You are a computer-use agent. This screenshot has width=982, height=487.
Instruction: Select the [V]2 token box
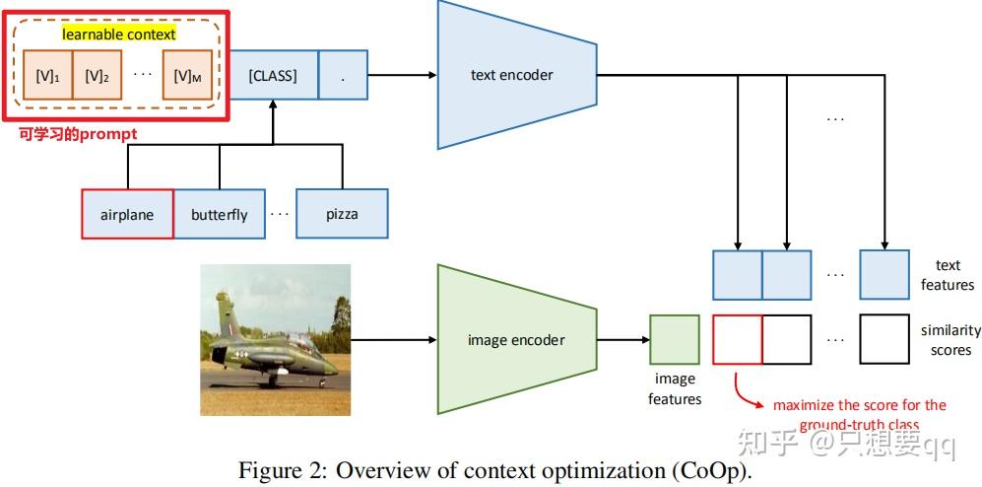(x=96, y=76)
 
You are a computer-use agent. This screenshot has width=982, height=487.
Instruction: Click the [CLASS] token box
(x=273, y=76)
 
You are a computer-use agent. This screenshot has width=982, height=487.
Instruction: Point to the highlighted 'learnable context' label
(x=118, y=34)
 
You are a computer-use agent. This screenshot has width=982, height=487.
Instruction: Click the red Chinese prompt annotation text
(x=78, y=133)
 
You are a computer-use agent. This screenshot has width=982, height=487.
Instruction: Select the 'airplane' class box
(x=127, y=214)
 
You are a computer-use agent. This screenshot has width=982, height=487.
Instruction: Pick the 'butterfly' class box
(x=220, y=214)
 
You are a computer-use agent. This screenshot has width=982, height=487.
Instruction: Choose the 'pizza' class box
(x=342, y=214)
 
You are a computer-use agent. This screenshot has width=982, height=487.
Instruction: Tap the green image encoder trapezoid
(x=517, y=340)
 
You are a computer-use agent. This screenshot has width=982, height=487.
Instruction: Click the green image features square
(x=675, y=340)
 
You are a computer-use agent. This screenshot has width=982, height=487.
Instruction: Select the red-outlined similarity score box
(x=738, y=340)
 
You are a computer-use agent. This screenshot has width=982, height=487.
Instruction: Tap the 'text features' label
(x=947, y=275)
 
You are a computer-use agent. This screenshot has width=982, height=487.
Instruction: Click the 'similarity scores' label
(x=945, y=340)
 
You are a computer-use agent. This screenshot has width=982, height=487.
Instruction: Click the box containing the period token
(x=344, y=76)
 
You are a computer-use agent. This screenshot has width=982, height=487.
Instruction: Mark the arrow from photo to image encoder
(x=393, y=341)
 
